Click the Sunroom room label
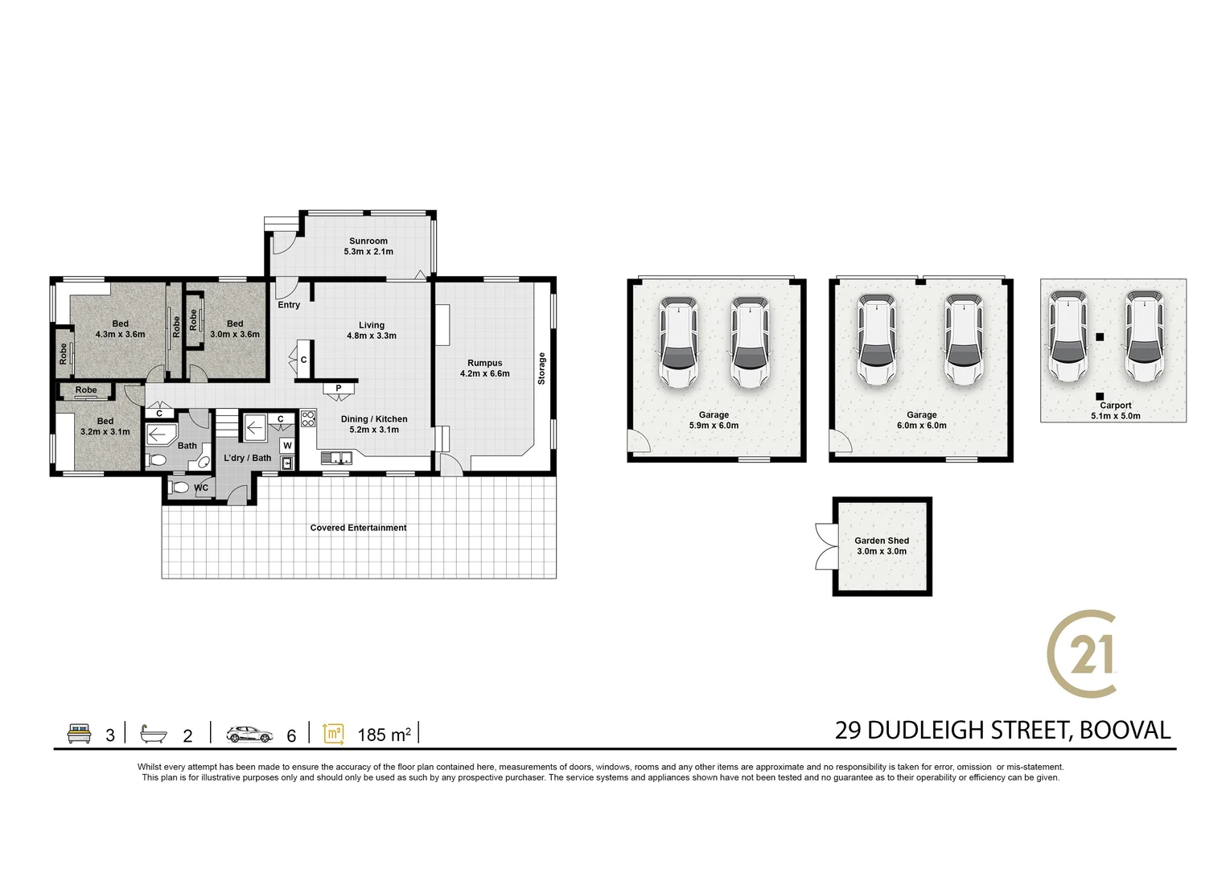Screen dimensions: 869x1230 (x=368, y=246)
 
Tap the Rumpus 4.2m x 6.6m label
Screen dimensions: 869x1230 (x=484, y=369)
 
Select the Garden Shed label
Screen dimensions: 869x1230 (x=882, y=546)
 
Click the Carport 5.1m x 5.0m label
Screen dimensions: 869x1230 (x=1115, y=410)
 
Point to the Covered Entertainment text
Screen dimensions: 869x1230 (x=358, y=528)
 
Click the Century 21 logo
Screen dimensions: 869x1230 (x=1083, y=653)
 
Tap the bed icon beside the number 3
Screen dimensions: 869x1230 (x=79, y=734)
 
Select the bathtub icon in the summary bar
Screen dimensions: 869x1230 (x=153, y=734)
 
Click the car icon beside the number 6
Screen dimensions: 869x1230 (x=249, y=734)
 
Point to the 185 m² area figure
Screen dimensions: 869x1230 (x=384, y=735)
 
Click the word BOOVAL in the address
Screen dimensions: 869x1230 (x=1125, y=730)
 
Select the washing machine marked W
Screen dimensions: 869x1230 (x=287, y=445)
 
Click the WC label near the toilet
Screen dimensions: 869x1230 (x=201, y=488)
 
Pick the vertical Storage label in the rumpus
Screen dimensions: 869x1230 (x=541, y=368)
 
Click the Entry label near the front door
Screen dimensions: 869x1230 (x=289, y=305)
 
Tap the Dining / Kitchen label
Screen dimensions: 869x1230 (x=374, y=424)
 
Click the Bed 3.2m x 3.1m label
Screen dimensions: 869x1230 (x=105, y=426)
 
